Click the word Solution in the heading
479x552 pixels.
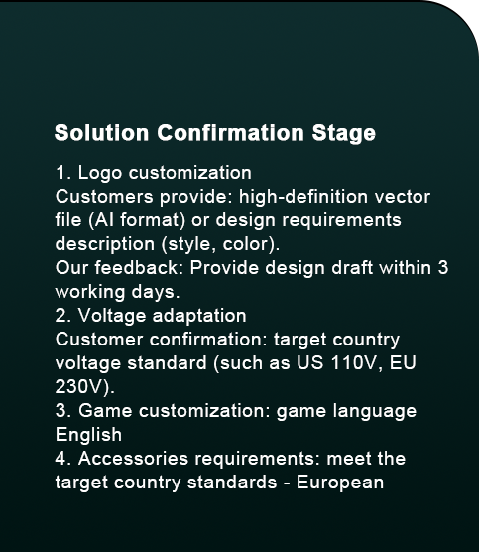coord(101,133)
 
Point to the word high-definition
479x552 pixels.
coord(303,197)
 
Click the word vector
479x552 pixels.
coord(403,197)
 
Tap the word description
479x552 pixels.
coord(105,244)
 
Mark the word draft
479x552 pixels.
coord(352,267)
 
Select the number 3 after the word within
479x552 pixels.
coord(443,268)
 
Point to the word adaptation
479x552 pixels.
coord(199,316)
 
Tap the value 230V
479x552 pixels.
coord(81,387)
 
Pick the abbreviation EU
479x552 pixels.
coord(403,363)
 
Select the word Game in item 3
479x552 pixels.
coord(105,411)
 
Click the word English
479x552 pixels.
coord(88,435)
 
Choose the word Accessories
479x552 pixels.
coord(133,459)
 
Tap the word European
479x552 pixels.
coord(340,483)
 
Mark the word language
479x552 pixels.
coord(375,412)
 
